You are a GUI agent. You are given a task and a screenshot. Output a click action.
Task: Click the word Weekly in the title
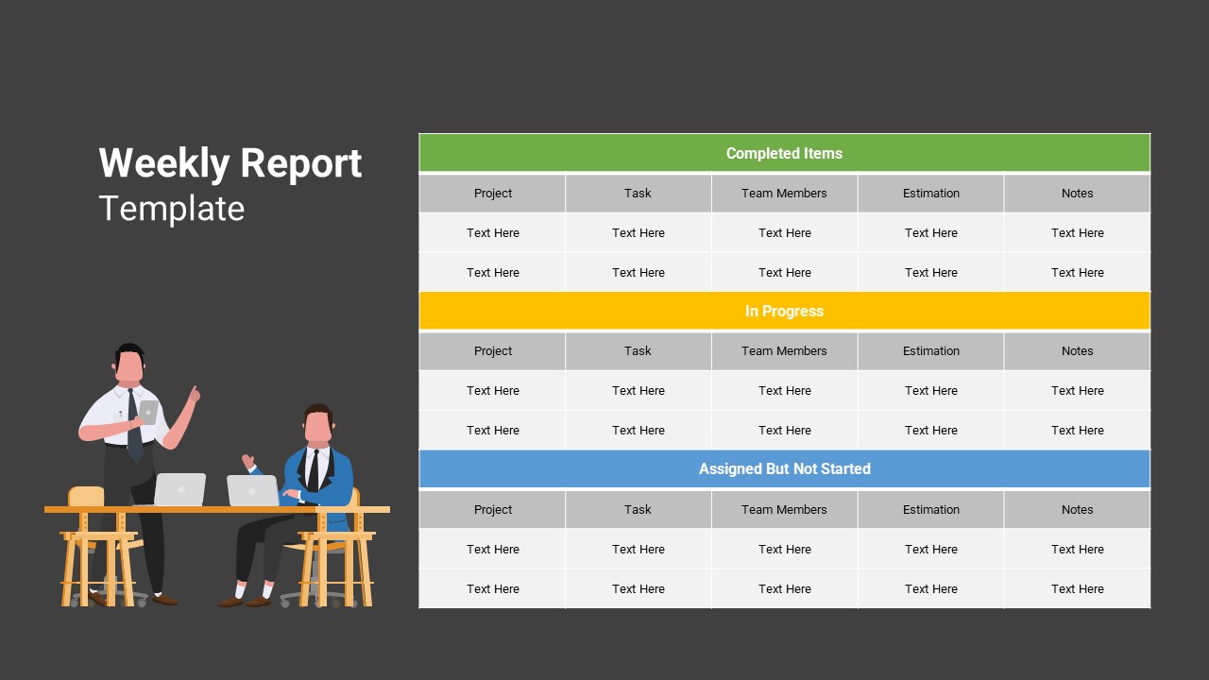tap(164, 163)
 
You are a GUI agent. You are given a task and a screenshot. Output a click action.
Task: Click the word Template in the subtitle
tap(172, 209)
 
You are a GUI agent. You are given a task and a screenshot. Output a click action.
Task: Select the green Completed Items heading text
tap(784, 153)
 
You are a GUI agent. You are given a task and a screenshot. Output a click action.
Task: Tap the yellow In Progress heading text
tap(784, 312)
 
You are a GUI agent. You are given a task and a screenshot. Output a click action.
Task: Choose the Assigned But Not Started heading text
tap(784, 468)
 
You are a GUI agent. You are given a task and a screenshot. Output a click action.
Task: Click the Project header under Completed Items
tap(493, 194)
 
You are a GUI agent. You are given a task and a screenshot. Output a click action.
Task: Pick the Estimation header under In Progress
tap(931, 350)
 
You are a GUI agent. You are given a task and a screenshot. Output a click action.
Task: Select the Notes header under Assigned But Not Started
tap(1078, 509)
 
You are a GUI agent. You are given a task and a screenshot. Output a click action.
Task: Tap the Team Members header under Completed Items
tap(784, 194)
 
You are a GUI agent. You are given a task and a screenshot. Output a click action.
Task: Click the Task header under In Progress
tap(638, 350)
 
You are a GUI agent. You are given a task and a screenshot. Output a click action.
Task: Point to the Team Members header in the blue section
tap(784, 509)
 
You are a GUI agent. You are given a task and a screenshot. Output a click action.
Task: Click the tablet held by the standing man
tap(148, 412)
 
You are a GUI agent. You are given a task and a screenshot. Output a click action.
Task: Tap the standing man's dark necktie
tap(134, 426)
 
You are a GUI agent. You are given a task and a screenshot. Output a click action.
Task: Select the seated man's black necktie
tap(313, 470)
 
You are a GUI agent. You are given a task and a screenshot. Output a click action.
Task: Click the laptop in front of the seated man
tap(252, 490)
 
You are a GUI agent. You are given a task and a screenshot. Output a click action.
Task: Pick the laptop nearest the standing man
tap(179, 489)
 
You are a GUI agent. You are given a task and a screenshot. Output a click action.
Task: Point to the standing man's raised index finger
tap(195, 390)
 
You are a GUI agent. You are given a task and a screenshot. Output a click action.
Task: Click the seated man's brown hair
tap(318, 412)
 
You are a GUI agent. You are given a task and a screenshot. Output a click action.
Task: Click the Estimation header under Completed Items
tap(931, 194)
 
